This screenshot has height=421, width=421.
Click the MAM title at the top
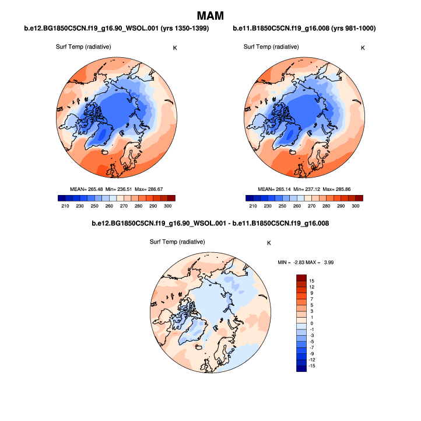coord(210,15)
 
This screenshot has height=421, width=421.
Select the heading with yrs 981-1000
coord(304,29)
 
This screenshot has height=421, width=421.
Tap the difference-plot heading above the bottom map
coord(210,224)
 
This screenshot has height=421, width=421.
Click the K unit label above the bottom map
coord(269,242)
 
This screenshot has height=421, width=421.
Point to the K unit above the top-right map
coord(363,47)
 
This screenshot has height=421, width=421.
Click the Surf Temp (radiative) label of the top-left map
coord(87,47)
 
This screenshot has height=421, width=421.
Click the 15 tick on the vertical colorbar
coord(313,280)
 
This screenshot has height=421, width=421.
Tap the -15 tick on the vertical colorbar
coord(312,366)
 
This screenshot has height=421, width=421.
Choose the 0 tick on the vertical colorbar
coord(313,323)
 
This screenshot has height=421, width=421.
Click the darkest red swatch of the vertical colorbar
coord(301,277)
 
